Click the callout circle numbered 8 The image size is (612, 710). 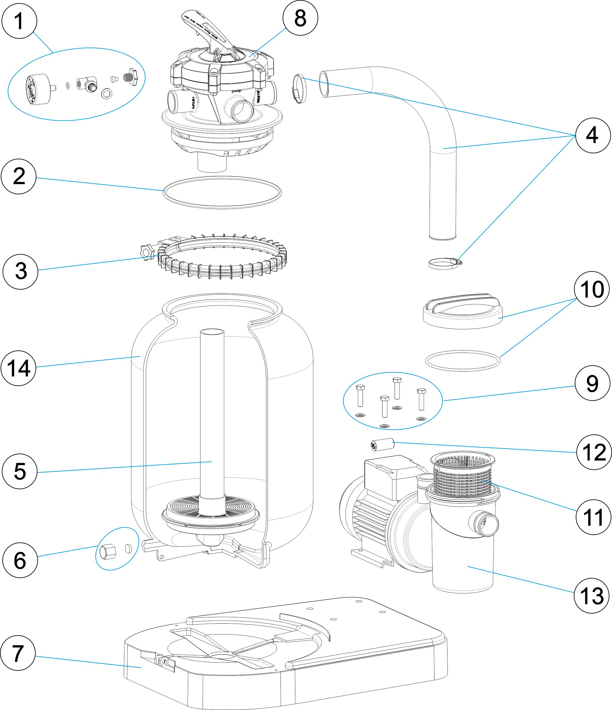point(300,18)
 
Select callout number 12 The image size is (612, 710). point(594,452)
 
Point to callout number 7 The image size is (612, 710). point(18,654)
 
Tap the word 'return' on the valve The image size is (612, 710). point(193,102)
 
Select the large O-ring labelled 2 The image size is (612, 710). point(222,192)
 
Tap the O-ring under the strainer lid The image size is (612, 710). point(463,360)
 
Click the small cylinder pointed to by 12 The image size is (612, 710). point(381,445)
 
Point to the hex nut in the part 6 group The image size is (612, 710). point(107,551)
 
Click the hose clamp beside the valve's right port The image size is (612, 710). point(300,89)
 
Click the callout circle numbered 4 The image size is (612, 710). point(592,135)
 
